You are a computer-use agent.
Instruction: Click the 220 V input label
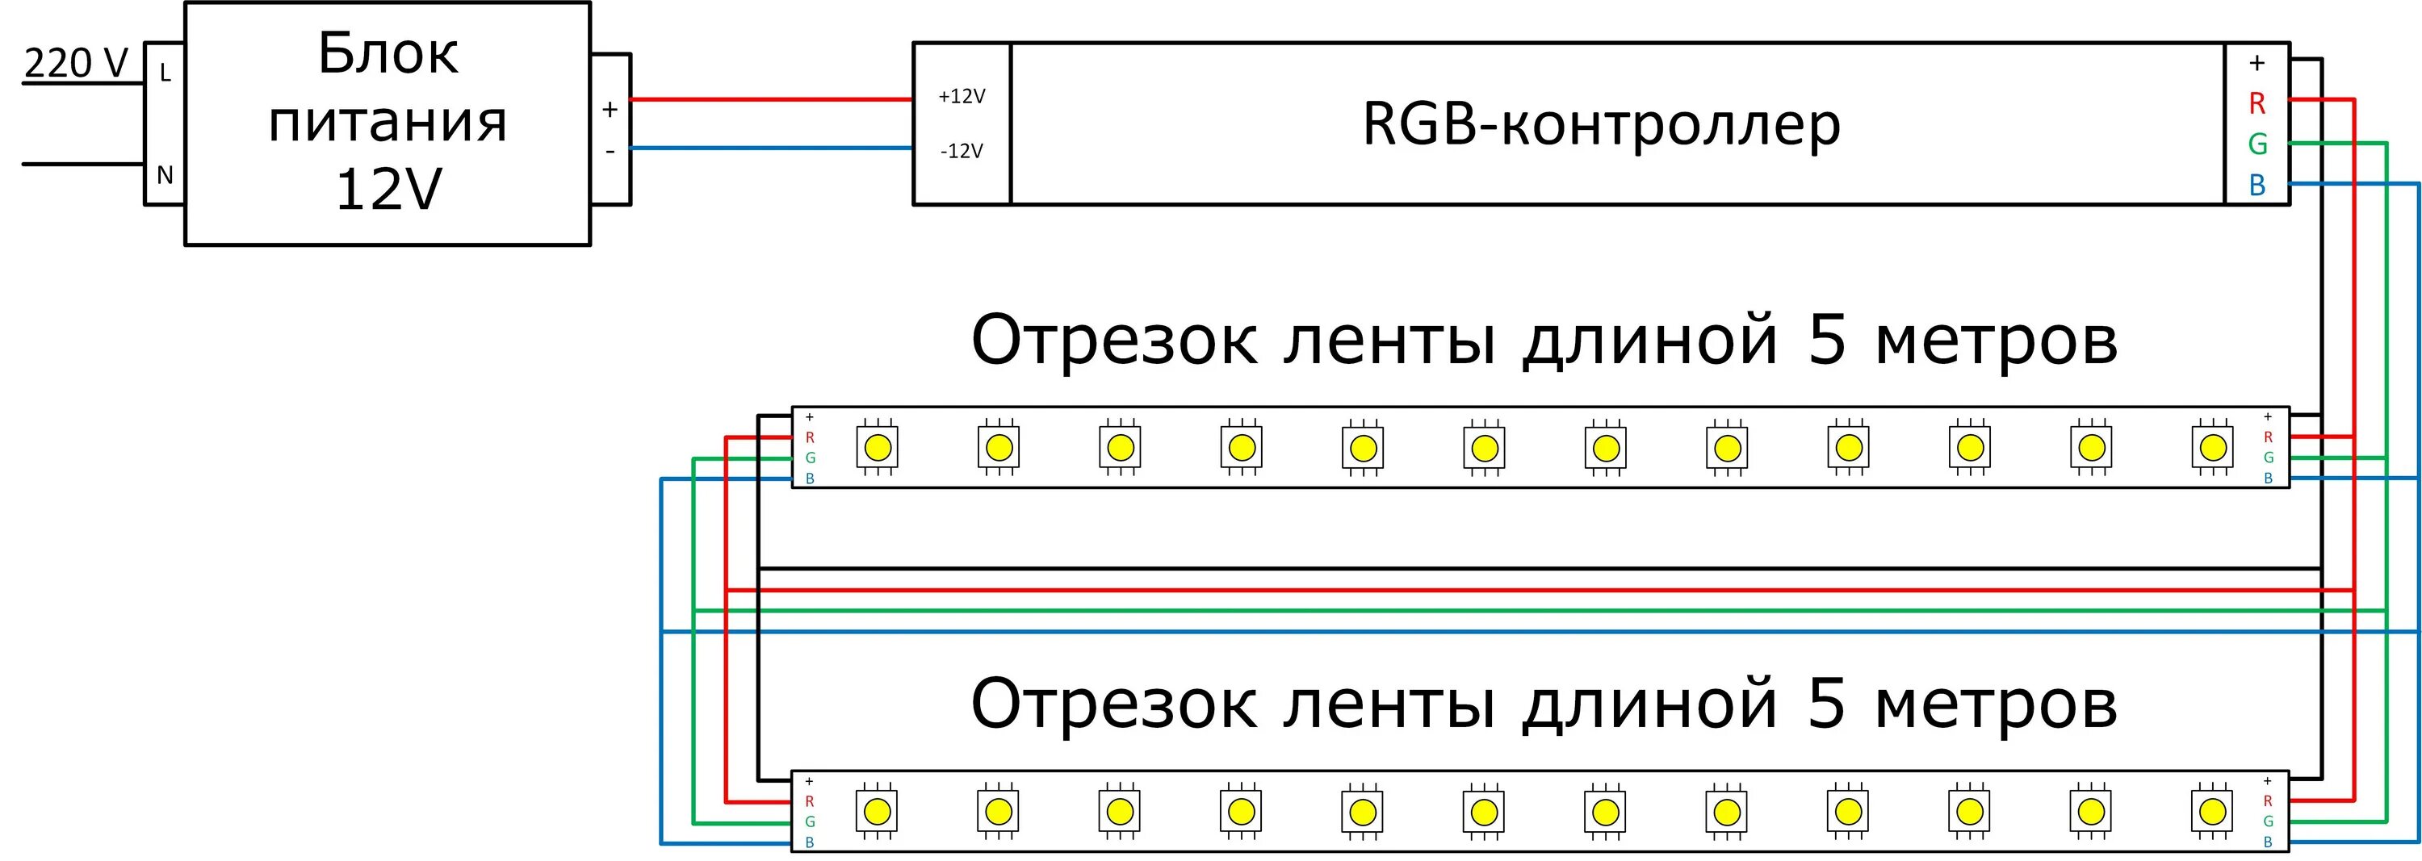(75, 63)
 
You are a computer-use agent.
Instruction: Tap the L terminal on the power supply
(166, 73)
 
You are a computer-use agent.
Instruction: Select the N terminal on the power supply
(165, 175)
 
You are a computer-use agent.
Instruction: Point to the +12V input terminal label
(961, 96)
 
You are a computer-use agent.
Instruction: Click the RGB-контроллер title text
(1600, 124)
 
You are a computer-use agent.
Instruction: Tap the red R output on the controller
(2256, 103)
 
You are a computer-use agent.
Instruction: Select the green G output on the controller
(2256, 144)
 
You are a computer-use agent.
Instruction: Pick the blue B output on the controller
(2256, 185)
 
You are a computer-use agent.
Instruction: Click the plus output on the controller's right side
(2256, 63)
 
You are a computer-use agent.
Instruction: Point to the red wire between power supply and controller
(771, 98)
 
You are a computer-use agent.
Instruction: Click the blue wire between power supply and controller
(771, 148)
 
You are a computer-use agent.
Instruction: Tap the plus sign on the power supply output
(610, 110)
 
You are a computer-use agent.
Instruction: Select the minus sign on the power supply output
(610, 150)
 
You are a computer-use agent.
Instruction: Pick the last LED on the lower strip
(2212, 811)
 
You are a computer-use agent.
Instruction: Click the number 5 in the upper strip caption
(1826, 340)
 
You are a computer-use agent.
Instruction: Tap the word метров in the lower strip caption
(1996, 704)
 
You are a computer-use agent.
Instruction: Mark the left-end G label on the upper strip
(810, 458)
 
